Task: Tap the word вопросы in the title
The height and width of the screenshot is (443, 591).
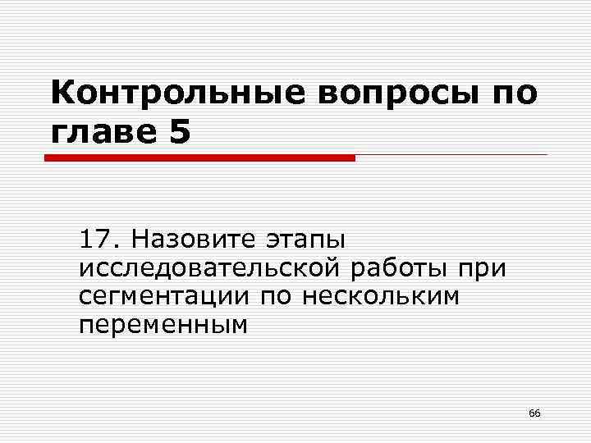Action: [x=393, y=94]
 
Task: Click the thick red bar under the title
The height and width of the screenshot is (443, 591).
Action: [x=199, y=158]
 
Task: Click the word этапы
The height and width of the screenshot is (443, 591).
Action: [x=307, y=242]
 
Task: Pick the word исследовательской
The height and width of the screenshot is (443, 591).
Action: [x=211, y=268]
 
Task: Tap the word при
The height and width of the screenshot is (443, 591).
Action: [x=483, y=269]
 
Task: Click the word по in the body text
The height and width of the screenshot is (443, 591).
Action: [x=277, y=297]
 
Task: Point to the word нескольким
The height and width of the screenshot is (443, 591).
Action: [x=382, y=296]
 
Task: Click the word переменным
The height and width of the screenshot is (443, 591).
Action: [x=163, y=325]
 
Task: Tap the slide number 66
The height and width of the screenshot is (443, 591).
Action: [x=534, y=413]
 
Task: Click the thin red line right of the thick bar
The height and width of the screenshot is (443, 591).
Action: [x=451, y=154]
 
